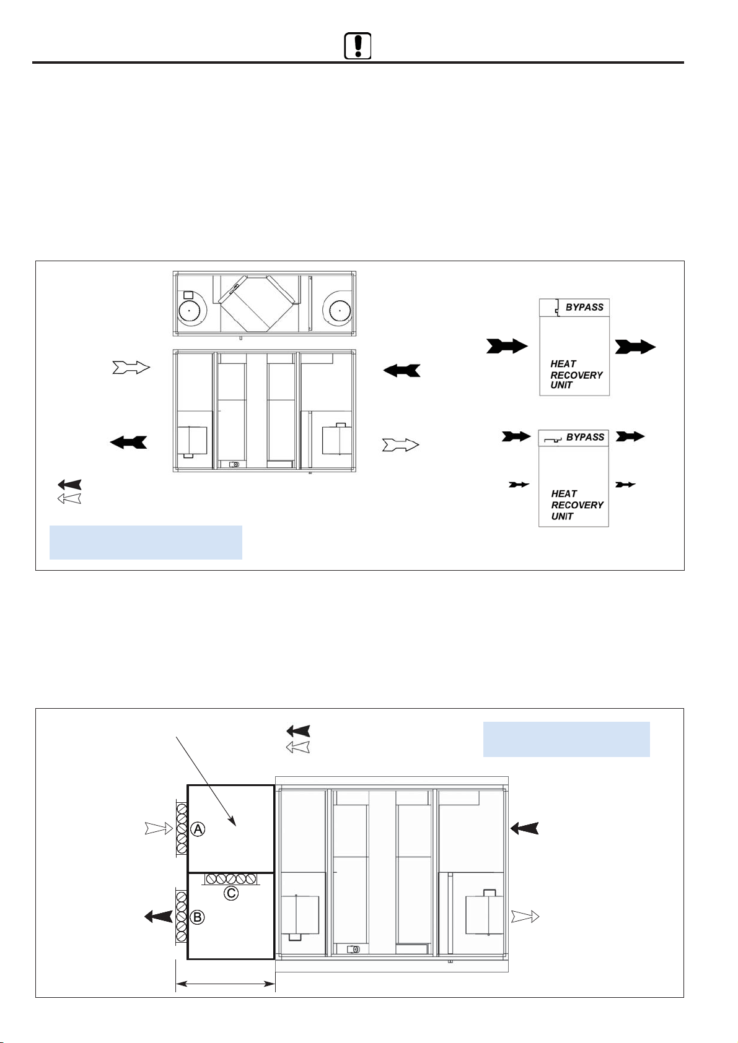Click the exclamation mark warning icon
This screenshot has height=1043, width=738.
pyautogui.click(x=358, y=46)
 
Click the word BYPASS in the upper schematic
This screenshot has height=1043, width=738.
pyautogui.click(x=584, y=307)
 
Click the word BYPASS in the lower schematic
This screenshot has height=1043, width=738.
pyautogui.click(x=585, y=437)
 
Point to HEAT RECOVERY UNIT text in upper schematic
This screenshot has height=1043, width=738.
pyautogui.click(x=576, y=374)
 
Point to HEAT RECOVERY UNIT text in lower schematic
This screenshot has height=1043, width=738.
pyautogui.click(x=577, y=504)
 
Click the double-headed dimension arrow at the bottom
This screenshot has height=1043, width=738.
pyautogui.click(x=225, y=984)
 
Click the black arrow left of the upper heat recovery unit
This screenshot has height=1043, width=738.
pyautogui.click(x=507, y=346)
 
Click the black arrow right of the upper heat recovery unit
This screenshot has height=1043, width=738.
pyautogui.click(x=635, y=347)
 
